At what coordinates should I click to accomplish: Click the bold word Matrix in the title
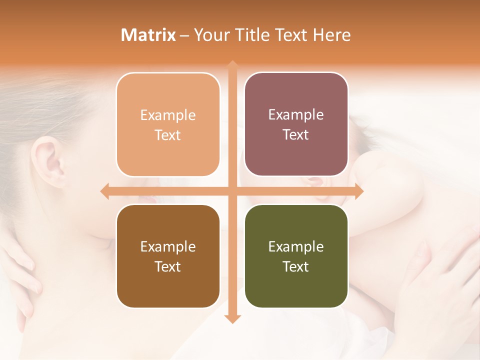(148, 35)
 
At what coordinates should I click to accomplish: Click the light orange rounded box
(168, 124)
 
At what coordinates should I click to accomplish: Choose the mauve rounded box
(296, 124)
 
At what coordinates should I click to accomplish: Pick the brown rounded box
(168, 256)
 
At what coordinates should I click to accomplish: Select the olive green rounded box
(296, 256)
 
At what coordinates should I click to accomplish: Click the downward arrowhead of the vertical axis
(232, 318)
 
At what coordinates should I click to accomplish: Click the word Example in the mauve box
(296, 115)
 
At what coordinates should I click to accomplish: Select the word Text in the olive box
(296, 267)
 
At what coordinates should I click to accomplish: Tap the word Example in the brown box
(168, 246)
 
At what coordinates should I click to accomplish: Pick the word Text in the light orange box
(168, 135)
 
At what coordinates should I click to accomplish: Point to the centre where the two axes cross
(232, 191)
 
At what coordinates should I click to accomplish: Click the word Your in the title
(210, 35)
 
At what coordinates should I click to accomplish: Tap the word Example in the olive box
(296, 246)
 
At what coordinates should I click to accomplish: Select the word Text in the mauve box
(296, 135)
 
